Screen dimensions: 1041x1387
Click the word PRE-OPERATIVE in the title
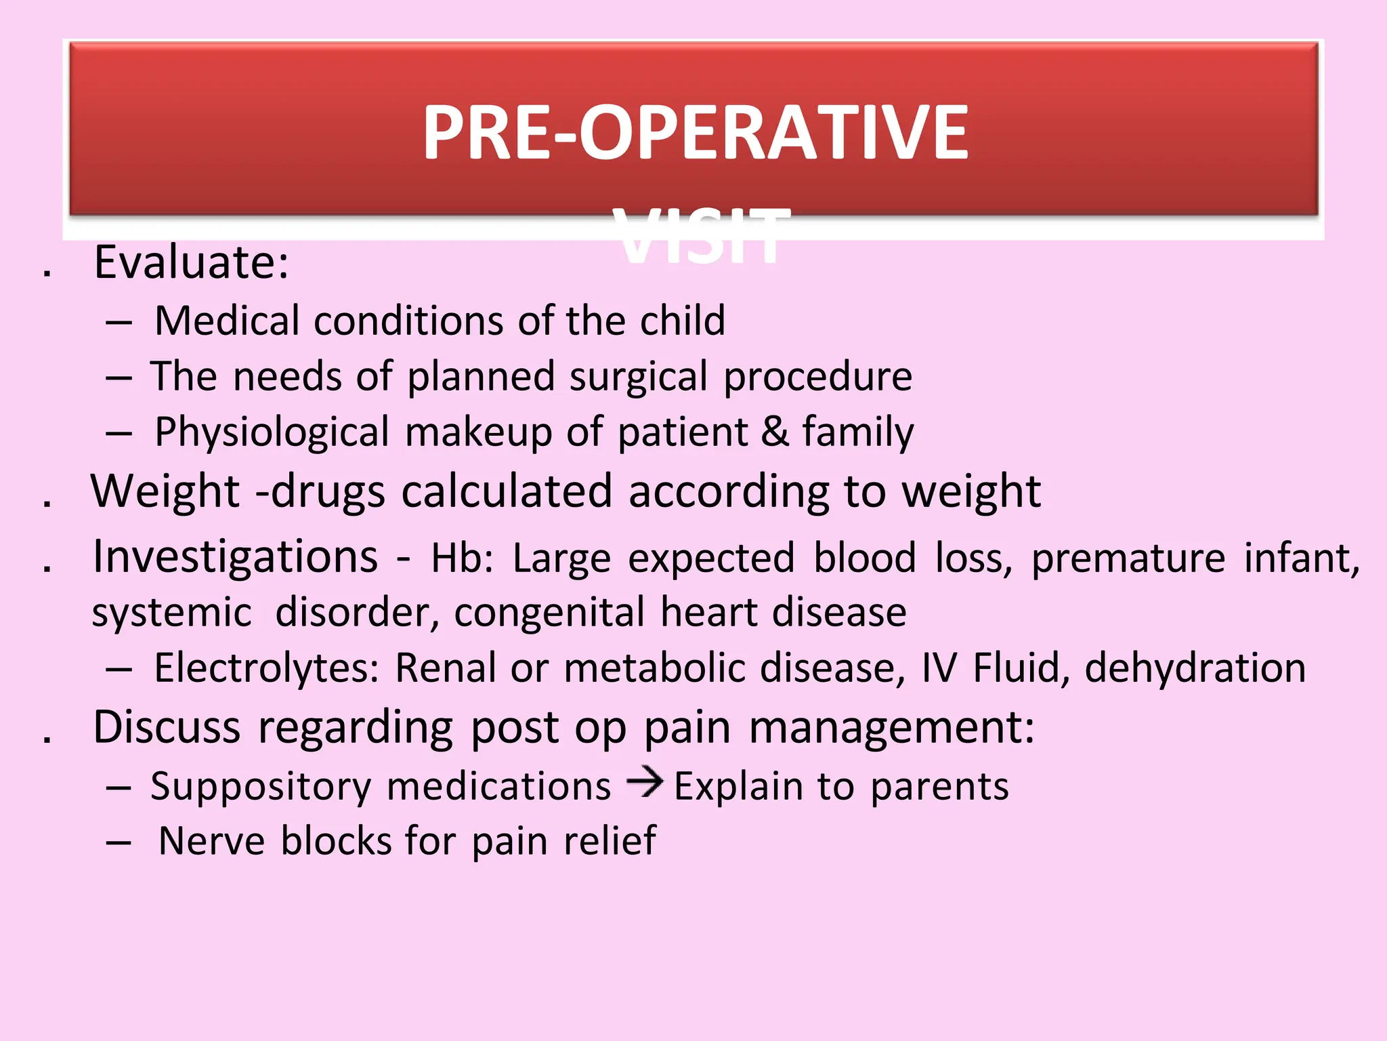click(x=695, y=133)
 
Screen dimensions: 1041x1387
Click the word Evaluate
click(x=191, y=262)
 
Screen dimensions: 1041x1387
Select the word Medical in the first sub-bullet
click(x=227, y=321)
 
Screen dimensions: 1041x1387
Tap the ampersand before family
click(x=775, y=432)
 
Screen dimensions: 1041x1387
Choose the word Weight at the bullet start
click(x=165, y=491)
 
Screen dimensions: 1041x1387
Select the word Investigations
click(x=235, y=557)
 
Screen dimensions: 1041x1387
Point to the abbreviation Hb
click(x=461, y=558)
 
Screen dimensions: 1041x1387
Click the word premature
click(x=1128, y=560)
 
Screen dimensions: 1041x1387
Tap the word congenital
click(x=549, y=613)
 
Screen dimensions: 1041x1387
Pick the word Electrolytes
click(x=266, y=668)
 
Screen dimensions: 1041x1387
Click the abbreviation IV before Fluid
click(x=939, y=668)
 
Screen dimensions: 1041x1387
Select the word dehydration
click(x=1195, y=668)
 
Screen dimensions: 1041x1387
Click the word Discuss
click(x=167, y=728)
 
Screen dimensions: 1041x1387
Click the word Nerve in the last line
click(x=211, y=841)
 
